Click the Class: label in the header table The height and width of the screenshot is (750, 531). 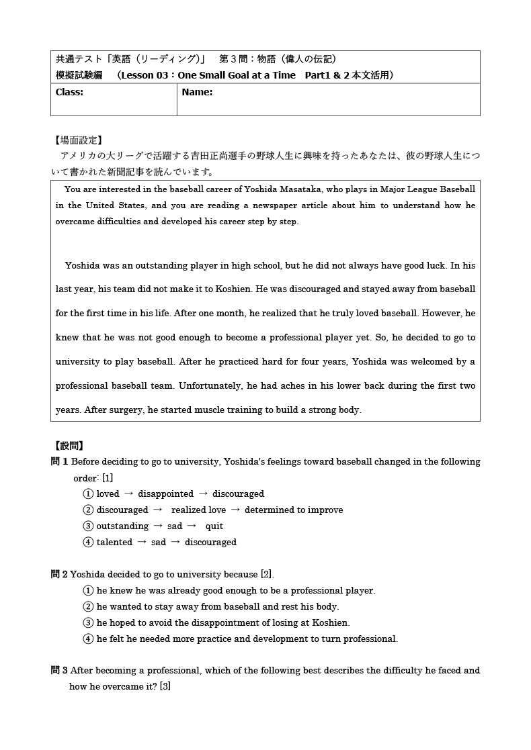point(69,93)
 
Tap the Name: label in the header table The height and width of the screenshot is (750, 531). point(197,93)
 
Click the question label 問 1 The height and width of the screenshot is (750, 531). point(59,462)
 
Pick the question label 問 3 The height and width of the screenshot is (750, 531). point(59,671)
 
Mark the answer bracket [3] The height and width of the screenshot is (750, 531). point(165,687)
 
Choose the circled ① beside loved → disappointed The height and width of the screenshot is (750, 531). point(88,494)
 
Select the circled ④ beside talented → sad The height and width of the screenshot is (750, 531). point(88,543)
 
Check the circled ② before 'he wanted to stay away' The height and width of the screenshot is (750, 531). point(88,607)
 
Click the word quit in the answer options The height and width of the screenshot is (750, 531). point(214,526)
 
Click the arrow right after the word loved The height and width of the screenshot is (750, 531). point(128,494)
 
